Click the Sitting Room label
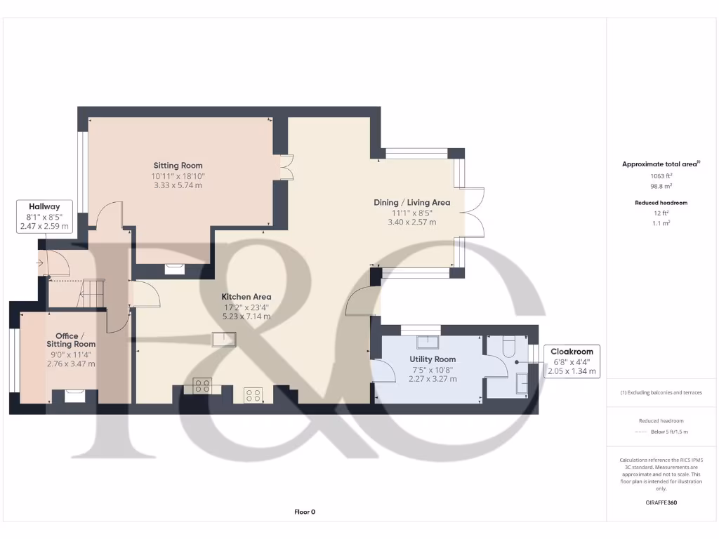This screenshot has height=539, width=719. click(178, 166)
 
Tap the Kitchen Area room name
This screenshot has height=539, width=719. click(246, 297)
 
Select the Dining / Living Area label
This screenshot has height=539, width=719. click(411, 202)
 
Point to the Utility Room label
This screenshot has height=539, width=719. click(433, 359)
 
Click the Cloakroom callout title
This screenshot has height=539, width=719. click(571, 352)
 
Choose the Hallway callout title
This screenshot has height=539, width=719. click(43, 207)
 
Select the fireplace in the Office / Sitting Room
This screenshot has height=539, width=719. click(74, 396)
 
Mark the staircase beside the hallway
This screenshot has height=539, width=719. click(93, 293)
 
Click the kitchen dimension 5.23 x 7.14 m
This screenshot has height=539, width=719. click(246, 317)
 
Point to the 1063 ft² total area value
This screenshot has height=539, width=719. click(660, 177)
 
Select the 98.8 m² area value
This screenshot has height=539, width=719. click(660, 187)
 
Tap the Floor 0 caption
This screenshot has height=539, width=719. click(305, 512)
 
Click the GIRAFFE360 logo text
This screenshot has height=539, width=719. click(660, 503)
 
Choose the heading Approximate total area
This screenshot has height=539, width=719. click(660, 164)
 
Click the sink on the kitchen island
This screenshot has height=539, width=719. click(225, 340)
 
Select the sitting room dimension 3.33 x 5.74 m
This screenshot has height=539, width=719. click(178, 185)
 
